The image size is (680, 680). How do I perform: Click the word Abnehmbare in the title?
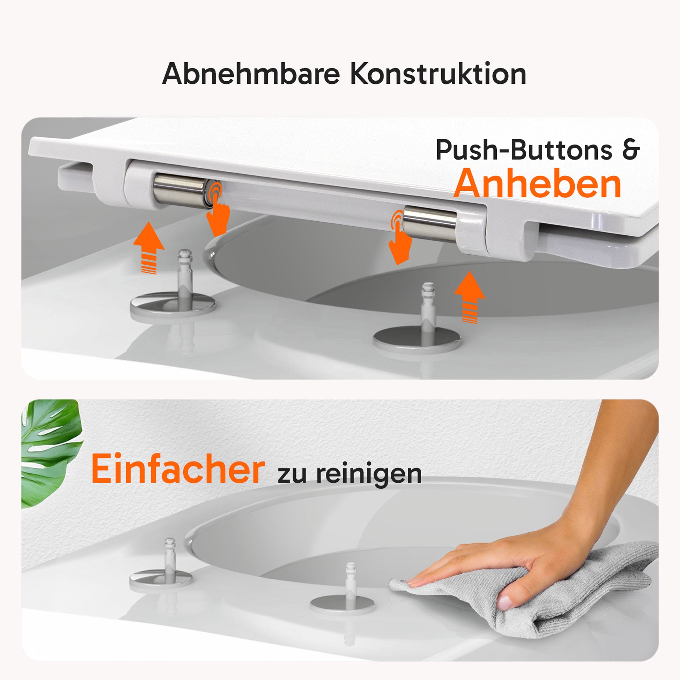coord(251,73)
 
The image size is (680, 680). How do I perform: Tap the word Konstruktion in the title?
coord(438,73)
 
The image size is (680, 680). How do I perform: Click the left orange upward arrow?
coord(149,248)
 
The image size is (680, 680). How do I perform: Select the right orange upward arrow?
coord(470,297)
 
